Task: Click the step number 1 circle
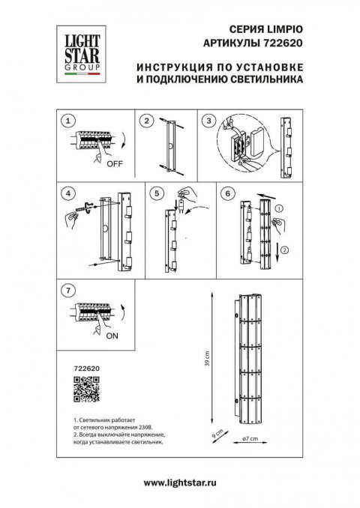pyautogui.click(x=68, y=121)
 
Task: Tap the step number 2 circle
pyautogui.click(x=147, y=121)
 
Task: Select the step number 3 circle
pyautogui.click(x=209, y=121)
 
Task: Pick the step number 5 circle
pyautogui.click(x=156, y=193)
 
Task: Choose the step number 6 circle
pyautogui.click(x=226, y=193)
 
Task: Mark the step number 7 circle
pyautogui.click(x=68, y=288)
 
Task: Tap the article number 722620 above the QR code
pyautogui.click(x=87, y=369)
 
